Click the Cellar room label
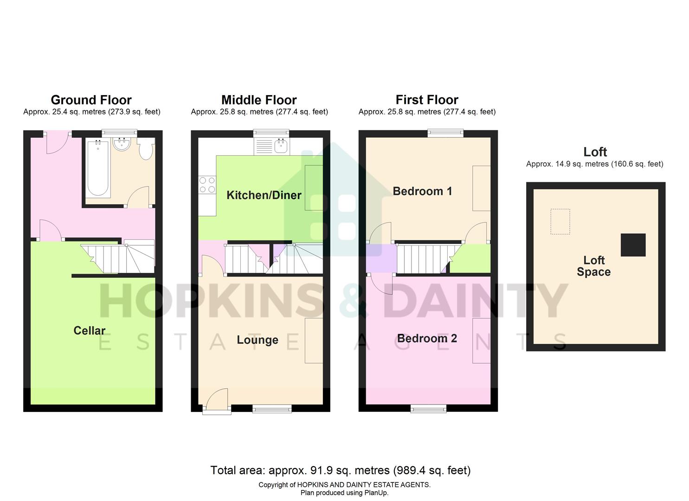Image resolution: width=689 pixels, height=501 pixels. click(x=90, y=330)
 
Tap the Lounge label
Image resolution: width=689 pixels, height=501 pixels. click(x=258, y=340)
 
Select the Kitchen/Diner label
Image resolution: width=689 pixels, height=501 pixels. click(x=264, y=195)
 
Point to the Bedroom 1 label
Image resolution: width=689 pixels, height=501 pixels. click(x=422, y=191)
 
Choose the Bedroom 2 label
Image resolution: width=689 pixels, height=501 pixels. click(x=427, y=339)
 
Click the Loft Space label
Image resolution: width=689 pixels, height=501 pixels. click(x=594, y=266)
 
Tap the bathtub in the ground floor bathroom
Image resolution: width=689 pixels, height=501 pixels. click(x=98, y=168)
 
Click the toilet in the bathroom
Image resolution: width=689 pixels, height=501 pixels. click(x=146, y=149)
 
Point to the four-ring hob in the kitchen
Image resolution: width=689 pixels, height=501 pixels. click(x=207, y=185)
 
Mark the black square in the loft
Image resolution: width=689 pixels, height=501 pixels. click(x=633, y=245)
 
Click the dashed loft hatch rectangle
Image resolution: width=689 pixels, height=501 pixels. click(x=560, y=222)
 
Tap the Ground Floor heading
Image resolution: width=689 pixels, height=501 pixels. click(x=91, y=100)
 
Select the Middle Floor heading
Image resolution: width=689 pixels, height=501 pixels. click(x=259, y=100)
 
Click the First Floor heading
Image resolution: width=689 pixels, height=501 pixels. click(x=427, y=100)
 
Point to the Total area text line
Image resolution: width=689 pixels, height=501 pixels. click(x=341, y=470)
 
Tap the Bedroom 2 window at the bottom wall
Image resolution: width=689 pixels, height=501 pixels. click(x=429, y=408)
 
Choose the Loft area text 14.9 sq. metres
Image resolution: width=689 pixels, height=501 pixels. click(x=594, y=164)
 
